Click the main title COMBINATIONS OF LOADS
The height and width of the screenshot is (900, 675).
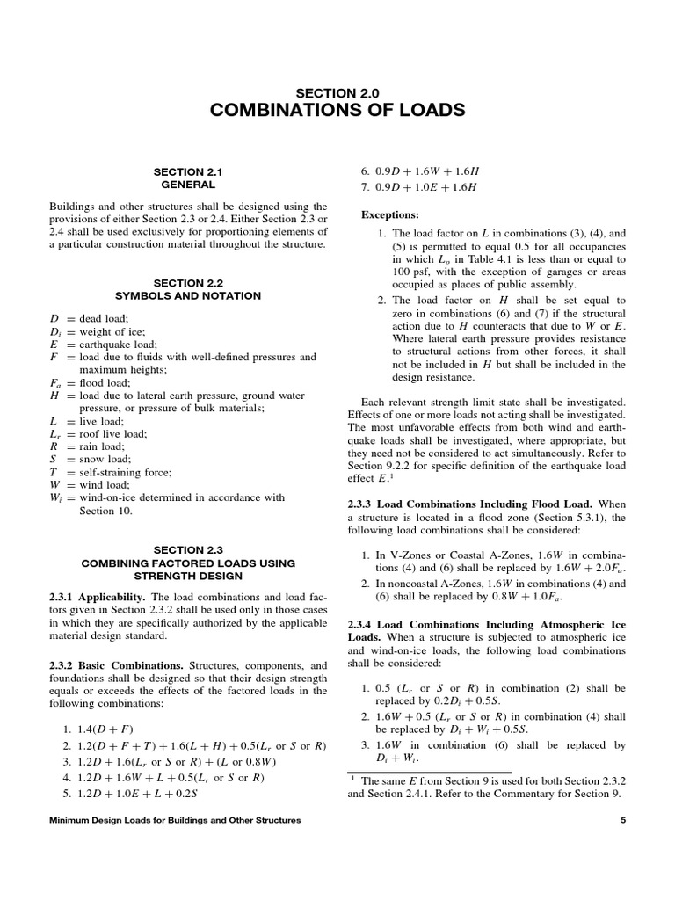[337, 111]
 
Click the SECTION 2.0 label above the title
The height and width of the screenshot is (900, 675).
[337, 91]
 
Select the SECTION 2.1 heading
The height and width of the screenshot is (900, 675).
[188, 172]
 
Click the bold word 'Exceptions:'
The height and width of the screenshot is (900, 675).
[390, 214]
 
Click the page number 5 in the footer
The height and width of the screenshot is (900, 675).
[622, 820]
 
